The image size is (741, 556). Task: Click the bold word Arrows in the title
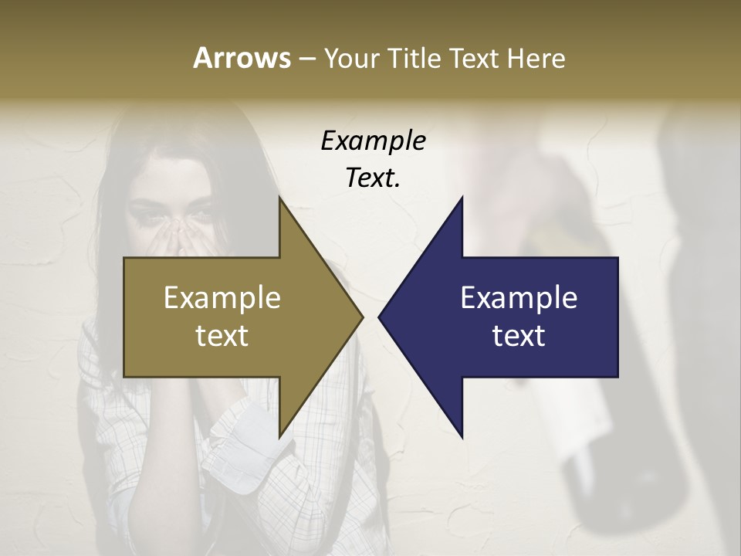(x=241, y=58)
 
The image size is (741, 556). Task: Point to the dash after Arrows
(x=306, y=59)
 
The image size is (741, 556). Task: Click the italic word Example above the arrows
(x=373, y=141)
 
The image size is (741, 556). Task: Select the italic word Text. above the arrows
(x=373, y=178)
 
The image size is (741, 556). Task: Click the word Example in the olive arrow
(x=222, y=297)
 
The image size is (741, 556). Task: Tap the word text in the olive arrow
(x=222, y=335)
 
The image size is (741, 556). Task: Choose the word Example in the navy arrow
(x=519, y=297)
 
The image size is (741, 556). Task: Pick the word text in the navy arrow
(x=519, y=335)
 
